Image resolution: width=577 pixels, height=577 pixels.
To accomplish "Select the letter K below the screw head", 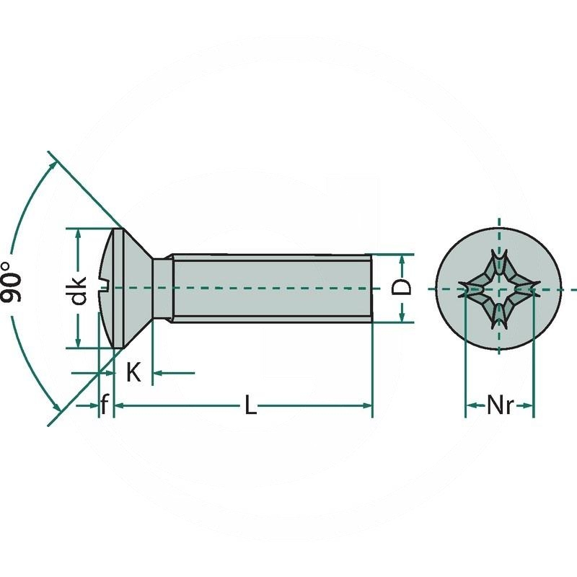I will click(133, 373).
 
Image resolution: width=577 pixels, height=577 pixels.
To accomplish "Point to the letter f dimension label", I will click(105, 406).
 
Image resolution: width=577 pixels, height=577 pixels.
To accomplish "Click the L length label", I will click(250, 406).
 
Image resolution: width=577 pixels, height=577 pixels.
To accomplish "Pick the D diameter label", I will click(405, 286).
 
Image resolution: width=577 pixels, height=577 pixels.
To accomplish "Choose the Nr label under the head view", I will click(499, 406).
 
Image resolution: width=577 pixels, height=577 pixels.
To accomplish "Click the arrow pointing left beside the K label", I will click(159, 373).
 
